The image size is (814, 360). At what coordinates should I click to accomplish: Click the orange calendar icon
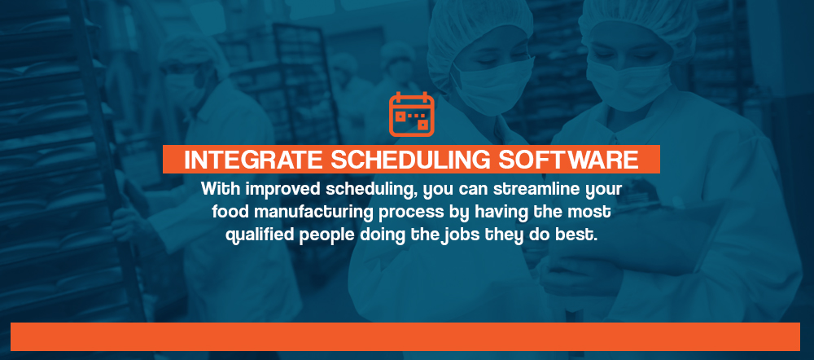tap(412, 114)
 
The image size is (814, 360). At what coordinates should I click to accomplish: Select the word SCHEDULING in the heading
tap(410, 160)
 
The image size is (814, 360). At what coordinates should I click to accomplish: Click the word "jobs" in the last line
tap(460, 235)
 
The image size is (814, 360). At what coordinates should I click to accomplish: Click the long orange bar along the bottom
tap(405, 336)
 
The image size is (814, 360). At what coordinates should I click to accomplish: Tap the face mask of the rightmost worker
tap(629, 83)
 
